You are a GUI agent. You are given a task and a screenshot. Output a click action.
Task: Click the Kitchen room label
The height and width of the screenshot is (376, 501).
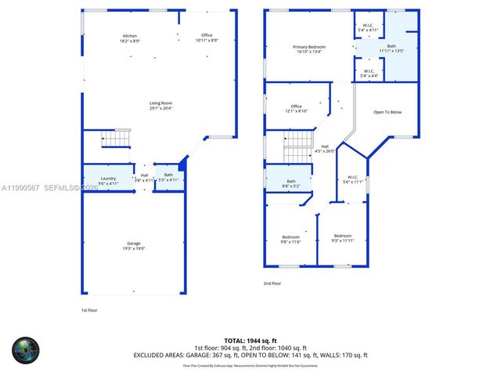129,37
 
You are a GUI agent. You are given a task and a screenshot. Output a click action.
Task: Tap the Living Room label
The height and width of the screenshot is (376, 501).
161,105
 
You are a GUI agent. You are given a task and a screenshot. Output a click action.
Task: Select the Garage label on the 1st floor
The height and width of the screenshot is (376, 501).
135,245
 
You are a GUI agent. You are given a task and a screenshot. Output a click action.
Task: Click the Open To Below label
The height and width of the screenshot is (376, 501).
387,112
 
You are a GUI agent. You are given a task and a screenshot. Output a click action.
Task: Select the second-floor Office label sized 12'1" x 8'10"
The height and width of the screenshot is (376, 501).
296,108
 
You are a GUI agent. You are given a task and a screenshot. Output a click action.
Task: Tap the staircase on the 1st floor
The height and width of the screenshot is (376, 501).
117,140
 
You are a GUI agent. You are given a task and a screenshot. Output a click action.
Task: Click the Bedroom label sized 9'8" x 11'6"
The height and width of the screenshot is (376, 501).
290,238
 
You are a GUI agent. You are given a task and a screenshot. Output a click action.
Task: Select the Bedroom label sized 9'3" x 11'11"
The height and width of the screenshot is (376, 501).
342,238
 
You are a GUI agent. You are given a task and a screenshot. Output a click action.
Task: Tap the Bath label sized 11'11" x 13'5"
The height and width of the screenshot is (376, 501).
391,49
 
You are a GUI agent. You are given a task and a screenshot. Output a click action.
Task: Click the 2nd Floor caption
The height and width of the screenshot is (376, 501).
272,283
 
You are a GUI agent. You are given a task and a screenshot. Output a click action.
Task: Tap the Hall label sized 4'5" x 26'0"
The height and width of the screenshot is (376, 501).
324,148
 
